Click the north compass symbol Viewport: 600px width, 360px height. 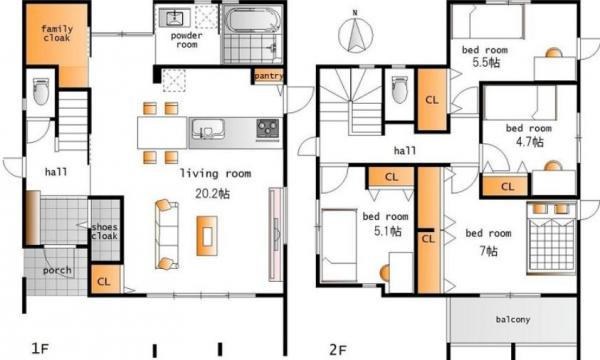(x=355, y=34)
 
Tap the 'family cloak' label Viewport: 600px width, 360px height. (x=57, y=33)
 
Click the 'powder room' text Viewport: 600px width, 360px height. (x=186, y=40)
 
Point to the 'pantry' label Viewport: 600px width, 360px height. (x=269, y=76)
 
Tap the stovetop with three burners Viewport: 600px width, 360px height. (x=267, y=129)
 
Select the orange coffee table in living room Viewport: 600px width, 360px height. (x=207, y=236)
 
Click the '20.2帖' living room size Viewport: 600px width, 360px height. (x=212, y=194)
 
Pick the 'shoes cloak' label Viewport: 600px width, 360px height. (x=104, y=231)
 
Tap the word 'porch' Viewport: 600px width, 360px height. (x=57, y=270)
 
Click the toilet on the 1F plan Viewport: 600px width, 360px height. (x=41, y=91)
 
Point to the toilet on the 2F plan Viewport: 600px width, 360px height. (x=399, y=90)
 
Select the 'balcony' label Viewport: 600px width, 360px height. (x=513, y=319)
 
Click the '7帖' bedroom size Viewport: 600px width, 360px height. (x=489, y=251)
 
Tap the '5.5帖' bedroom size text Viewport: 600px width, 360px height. (x=486, y=62)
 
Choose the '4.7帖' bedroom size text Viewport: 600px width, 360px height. (x=530, y=142)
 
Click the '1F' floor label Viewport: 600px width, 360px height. (x=40, y=349)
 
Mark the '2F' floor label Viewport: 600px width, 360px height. (x=338, y=350)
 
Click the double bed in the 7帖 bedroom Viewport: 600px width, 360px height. (x=551, y=238)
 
